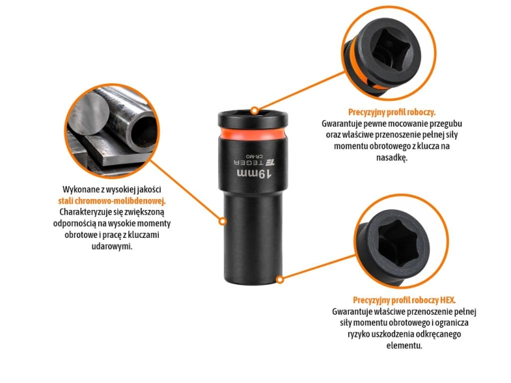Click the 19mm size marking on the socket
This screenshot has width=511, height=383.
254,174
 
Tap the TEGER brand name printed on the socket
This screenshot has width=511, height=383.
249,162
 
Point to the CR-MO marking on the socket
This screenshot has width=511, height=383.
255,156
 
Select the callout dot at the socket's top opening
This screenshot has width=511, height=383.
255,110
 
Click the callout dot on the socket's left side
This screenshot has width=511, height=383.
223,221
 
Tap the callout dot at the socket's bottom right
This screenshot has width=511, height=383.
280,279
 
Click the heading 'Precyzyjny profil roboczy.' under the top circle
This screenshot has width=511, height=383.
392,112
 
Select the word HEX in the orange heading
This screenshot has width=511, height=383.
448,300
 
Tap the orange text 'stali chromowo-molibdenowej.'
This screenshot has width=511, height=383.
112,201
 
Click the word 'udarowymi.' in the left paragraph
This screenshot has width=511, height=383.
112,246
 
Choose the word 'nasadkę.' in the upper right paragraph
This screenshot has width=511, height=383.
392,157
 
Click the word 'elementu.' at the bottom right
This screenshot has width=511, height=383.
404,346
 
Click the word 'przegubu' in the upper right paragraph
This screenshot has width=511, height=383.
446,124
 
